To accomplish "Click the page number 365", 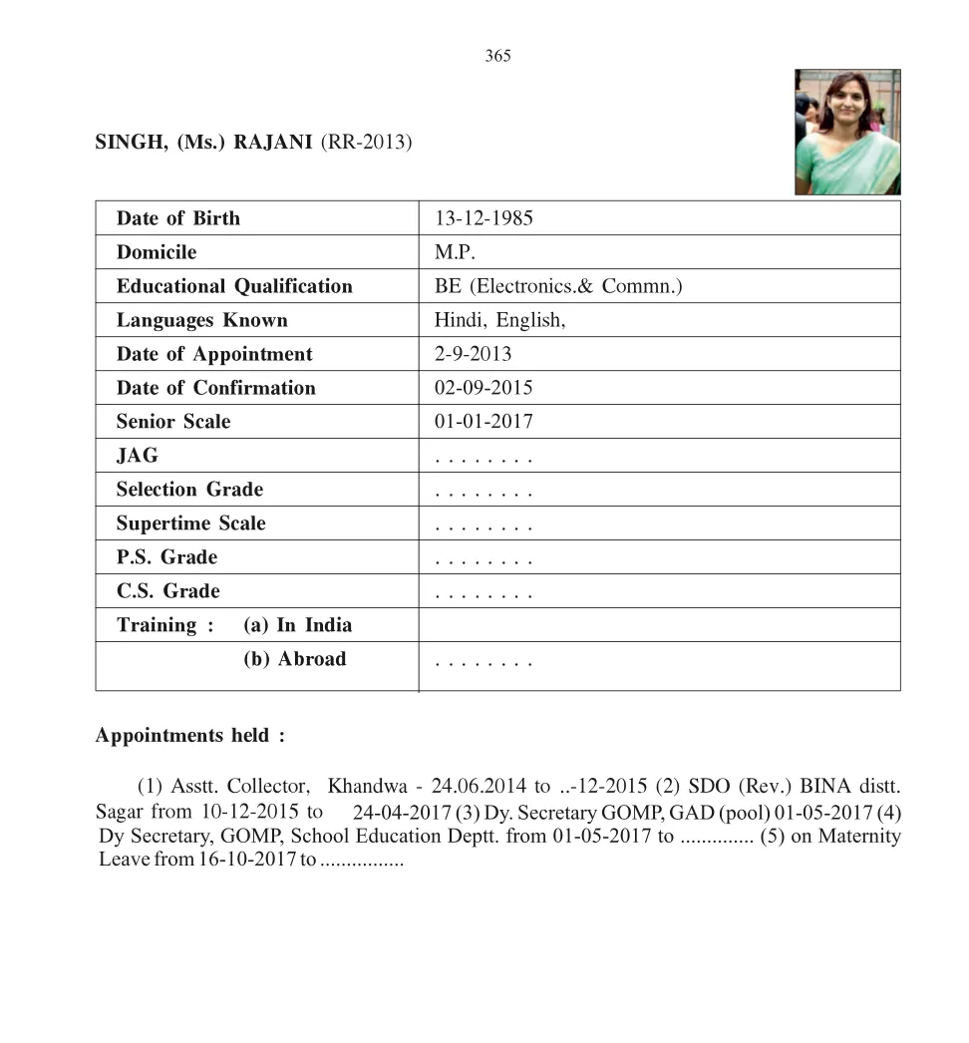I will tap(497, 56).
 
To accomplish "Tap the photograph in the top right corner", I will tap(847, 132).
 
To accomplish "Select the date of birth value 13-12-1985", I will tap(484, 218).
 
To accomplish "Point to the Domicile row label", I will tap(157, 252).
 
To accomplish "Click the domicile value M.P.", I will tap(455, 252).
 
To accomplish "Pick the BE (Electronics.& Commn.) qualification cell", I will tap(558, 286).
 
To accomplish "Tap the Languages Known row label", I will tap(201, 320).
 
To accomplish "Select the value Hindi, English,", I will tap(499, 320).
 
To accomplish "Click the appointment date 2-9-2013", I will tap(473, 354).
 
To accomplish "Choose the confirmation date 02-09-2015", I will tap(484, 388).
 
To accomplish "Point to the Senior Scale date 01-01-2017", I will tap(484, 422).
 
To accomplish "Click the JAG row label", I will tap(137, 456).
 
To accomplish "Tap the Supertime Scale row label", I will tap(190, 523).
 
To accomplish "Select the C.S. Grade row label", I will tap(167, 591).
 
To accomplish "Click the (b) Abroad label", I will tap(294, 659).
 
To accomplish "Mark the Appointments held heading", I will tap(189, 736).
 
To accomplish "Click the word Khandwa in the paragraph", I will tap(368, 785).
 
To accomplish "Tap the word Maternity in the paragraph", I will tap(859, 836).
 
